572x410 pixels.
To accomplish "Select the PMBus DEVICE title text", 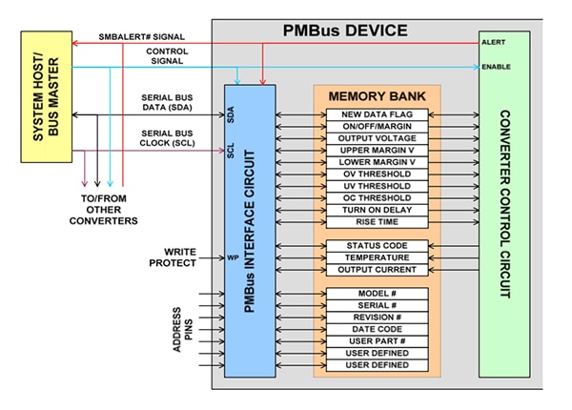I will pyautogui.click(x=343, y=30).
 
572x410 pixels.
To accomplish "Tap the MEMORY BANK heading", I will pyautogui.click(x=376, y=97).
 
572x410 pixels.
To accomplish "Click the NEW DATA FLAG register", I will pyautogui.click(x=376, y=115).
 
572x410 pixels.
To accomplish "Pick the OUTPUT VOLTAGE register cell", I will pyautogui.click(x=376, y=139).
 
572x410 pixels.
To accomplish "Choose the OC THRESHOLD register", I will pyautogui.click(x=376, y=197).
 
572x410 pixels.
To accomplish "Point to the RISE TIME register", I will pyautogui.click(x=376, y=221).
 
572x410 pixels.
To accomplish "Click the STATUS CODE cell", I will pyautogui.click(x=376, y=246).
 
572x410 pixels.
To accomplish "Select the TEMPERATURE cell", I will pyautogui.click(x=376, y=257).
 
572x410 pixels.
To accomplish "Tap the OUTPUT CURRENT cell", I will pyautogui.click(x=376, y=270).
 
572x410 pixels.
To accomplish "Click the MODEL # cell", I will pyautogui.click(x=376, y=293).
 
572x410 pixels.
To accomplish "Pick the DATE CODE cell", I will pyautogui.click(x=376, y=329).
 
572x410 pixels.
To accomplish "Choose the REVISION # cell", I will pyautogui.click(x=376, y=317).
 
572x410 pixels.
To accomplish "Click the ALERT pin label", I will pyautogui.click(x=494, y=43).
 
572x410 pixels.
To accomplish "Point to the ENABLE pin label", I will pyautogui.click(x=497, y=67).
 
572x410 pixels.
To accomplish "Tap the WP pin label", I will pyautogui.click(x=232, y=257).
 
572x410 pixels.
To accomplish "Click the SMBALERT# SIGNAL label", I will pyautogui.click(x=143, y=37).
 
